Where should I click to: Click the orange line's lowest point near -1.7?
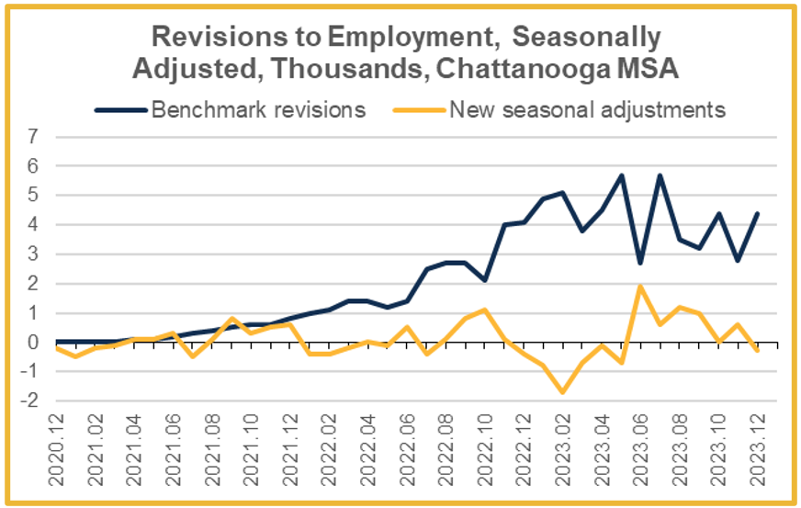(563, 392)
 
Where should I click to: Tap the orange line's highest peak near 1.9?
(640, 286)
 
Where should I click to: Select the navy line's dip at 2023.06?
(640, 263)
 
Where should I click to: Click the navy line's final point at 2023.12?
(757, 213)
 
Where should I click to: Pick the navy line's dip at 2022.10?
(485, 280)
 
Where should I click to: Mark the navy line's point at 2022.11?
(504, 224)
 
